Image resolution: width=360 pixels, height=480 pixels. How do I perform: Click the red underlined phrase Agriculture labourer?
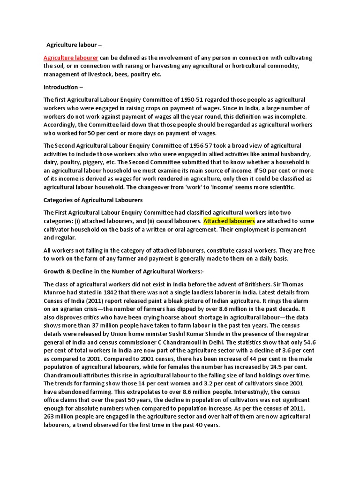[71, 58]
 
